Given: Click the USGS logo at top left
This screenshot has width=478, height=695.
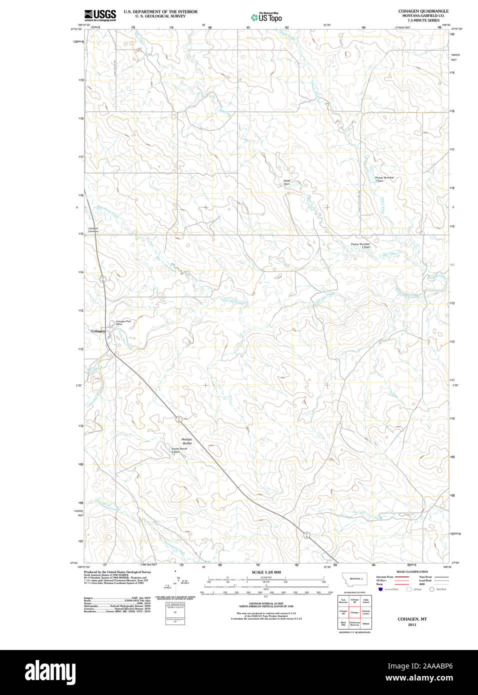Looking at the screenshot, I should (x=100, y=15).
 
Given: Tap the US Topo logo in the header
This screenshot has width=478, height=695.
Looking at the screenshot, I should (x=266, y=17).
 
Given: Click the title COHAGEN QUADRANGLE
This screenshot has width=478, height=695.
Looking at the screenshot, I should (x=423, y=11).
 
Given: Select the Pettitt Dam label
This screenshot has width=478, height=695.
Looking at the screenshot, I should (x=286, y=182).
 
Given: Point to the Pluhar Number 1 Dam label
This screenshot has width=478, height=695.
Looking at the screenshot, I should (x=384, y=178).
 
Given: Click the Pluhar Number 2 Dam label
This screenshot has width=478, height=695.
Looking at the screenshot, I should (x=360, y=245).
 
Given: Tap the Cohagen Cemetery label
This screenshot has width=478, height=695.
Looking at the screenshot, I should (x=93, y=230).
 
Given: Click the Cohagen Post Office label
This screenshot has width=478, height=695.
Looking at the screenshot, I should (x=123, y=322).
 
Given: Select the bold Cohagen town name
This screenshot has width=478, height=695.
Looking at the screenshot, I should (x=98, y=331).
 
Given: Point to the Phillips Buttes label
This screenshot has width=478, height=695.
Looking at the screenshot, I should (x=186, y=441).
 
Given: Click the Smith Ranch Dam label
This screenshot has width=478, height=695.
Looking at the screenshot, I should (x=179, y=450).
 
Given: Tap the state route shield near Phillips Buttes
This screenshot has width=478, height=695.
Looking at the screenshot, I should (x=178, y=419).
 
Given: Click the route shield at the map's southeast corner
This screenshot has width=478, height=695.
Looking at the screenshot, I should (x=306, y=535).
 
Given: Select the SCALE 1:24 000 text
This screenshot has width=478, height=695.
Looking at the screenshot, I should (x=266, y=572).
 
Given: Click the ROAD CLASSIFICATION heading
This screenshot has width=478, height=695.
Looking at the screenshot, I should (x=412, y=571).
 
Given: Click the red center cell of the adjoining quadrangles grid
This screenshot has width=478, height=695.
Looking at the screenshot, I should (x=354, y=612).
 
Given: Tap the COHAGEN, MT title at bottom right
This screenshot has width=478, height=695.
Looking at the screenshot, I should (x=412, y=619).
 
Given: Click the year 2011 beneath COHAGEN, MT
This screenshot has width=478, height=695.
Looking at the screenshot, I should (x=412, y=624).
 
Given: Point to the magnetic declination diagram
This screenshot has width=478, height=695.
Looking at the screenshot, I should (x=175, y=580).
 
